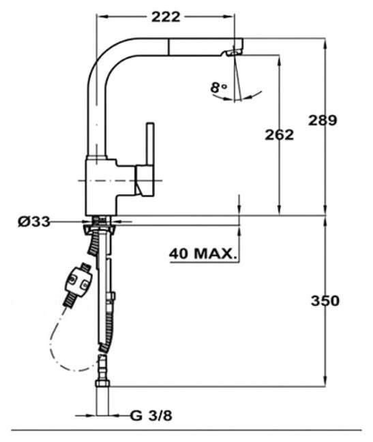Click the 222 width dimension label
point(166,17)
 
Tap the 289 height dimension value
point(323,121)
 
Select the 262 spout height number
point(279,135)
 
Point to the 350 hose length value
point(325,301)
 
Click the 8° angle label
point(219,88)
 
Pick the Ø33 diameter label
point(34,221)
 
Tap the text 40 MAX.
point(203,254)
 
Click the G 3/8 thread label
point(151,415)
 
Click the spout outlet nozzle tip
point(234,52)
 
